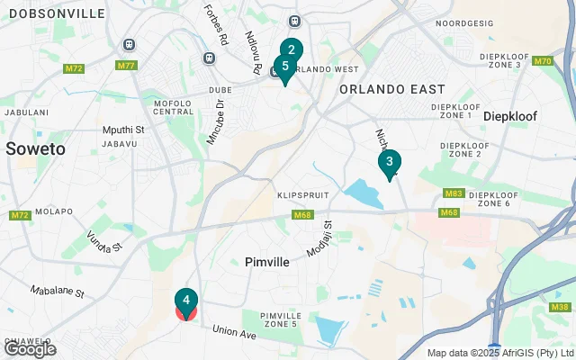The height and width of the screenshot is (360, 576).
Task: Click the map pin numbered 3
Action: pos(389,163)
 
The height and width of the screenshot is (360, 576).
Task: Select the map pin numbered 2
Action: pos(291,50)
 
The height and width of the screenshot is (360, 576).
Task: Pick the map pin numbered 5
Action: pos(284,67)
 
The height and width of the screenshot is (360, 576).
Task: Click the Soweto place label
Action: pos(35,148)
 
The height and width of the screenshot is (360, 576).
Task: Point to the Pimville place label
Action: pos(266,262)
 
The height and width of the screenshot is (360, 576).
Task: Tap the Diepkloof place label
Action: pos(516,116)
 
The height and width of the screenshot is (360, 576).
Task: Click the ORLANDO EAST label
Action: pos(391,89)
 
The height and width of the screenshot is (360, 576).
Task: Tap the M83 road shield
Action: pos(452,193)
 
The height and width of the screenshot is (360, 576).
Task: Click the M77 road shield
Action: pos(127,66)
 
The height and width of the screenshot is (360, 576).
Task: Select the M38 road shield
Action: pos(559,308)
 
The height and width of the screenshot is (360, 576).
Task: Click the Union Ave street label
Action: pos(235,334)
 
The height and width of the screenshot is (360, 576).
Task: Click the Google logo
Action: pos(30,348)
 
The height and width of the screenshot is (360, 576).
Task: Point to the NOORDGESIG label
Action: pos(465,23)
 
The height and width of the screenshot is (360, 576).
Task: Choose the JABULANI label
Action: pos(25,112)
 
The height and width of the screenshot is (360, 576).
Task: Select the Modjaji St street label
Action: pos(319,238)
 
